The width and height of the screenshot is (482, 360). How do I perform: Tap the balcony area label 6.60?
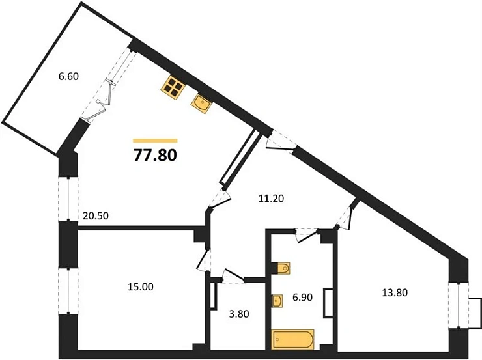coord(68,76)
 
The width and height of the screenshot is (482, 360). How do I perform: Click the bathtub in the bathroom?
coord(292,339)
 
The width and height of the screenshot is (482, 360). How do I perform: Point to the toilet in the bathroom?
coord(282,269)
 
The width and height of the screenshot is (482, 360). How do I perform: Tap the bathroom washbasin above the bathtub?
coord(277,301)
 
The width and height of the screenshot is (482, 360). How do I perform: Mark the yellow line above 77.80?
coord(155,140)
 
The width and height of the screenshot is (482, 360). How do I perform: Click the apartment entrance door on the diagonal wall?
coord(281,142)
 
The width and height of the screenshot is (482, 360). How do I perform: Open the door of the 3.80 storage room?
coord(232,277)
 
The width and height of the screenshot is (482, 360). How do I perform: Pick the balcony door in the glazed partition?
coord(104,101)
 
